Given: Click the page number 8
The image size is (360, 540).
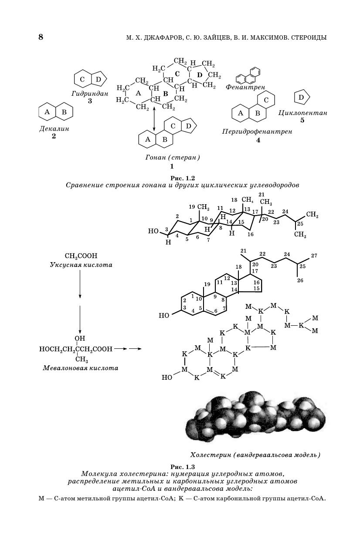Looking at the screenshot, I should (41, 37).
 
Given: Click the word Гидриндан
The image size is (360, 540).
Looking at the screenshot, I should (90, 93).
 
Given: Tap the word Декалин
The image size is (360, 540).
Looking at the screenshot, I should (54, 129).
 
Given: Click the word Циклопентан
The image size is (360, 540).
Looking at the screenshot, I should (302, 113).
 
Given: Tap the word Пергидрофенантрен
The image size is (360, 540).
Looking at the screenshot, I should (257, 132).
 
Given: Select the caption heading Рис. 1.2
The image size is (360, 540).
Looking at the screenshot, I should (182, 177).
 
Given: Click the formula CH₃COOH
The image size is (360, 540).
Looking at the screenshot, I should (81, 256).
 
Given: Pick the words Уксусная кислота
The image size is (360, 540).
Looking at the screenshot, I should (81, 265).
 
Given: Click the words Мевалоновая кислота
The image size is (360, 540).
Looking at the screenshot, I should (81, 368).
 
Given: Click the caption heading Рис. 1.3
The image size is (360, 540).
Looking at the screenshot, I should (182, 466).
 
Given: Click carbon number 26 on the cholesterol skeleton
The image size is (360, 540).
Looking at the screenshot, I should (300, 280).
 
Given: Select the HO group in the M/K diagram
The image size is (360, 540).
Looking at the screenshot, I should (166, 378).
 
